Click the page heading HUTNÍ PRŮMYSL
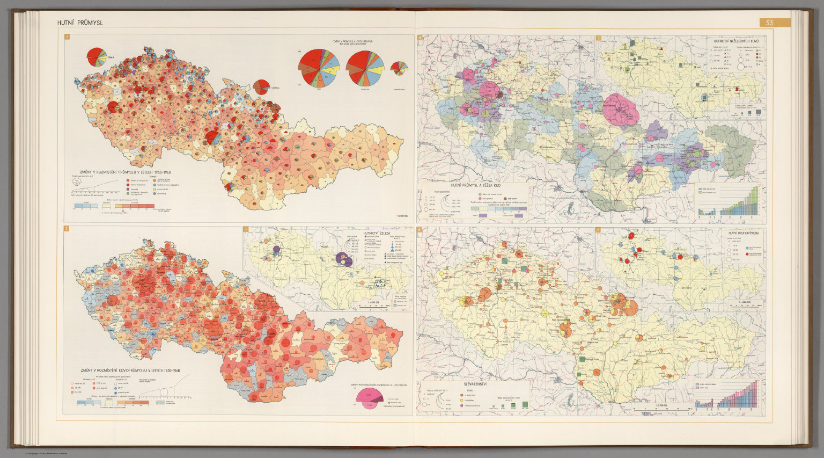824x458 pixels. [x=80, y=23]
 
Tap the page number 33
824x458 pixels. [x=769, y=23]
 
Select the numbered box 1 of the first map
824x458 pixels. [x=67, y=37]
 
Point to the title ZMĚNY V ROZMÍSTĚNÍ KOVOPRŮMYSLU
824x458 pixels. [x=129, y=370]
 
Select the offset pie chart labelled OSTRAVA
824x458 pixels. [x=261, y=87]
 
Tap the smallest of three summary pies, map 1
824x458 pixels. [x=399, y=68]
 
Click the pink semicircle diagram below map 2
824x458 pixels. [x=369, y=397]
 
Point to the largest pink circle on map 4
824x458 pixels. [x=621, y=109]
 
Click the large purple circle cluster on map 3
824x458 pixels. [x=344, y=259]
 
